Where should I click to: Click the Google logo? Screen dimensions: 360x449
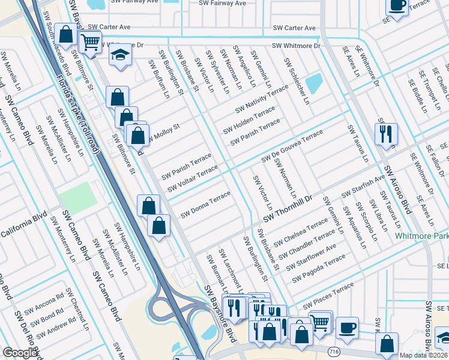(x=20, y=353)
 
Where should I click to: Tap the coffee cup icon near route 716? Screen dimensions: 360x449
(x=347, y=328)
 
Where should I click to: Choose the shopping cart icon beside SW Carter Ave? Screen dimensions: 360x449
(x=90, y=43)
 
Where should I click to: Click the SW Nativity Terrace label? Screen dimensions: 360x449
(x=262, y=100)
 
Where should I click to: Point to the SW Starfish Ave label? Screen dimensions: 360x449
(x=363, y=187)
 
